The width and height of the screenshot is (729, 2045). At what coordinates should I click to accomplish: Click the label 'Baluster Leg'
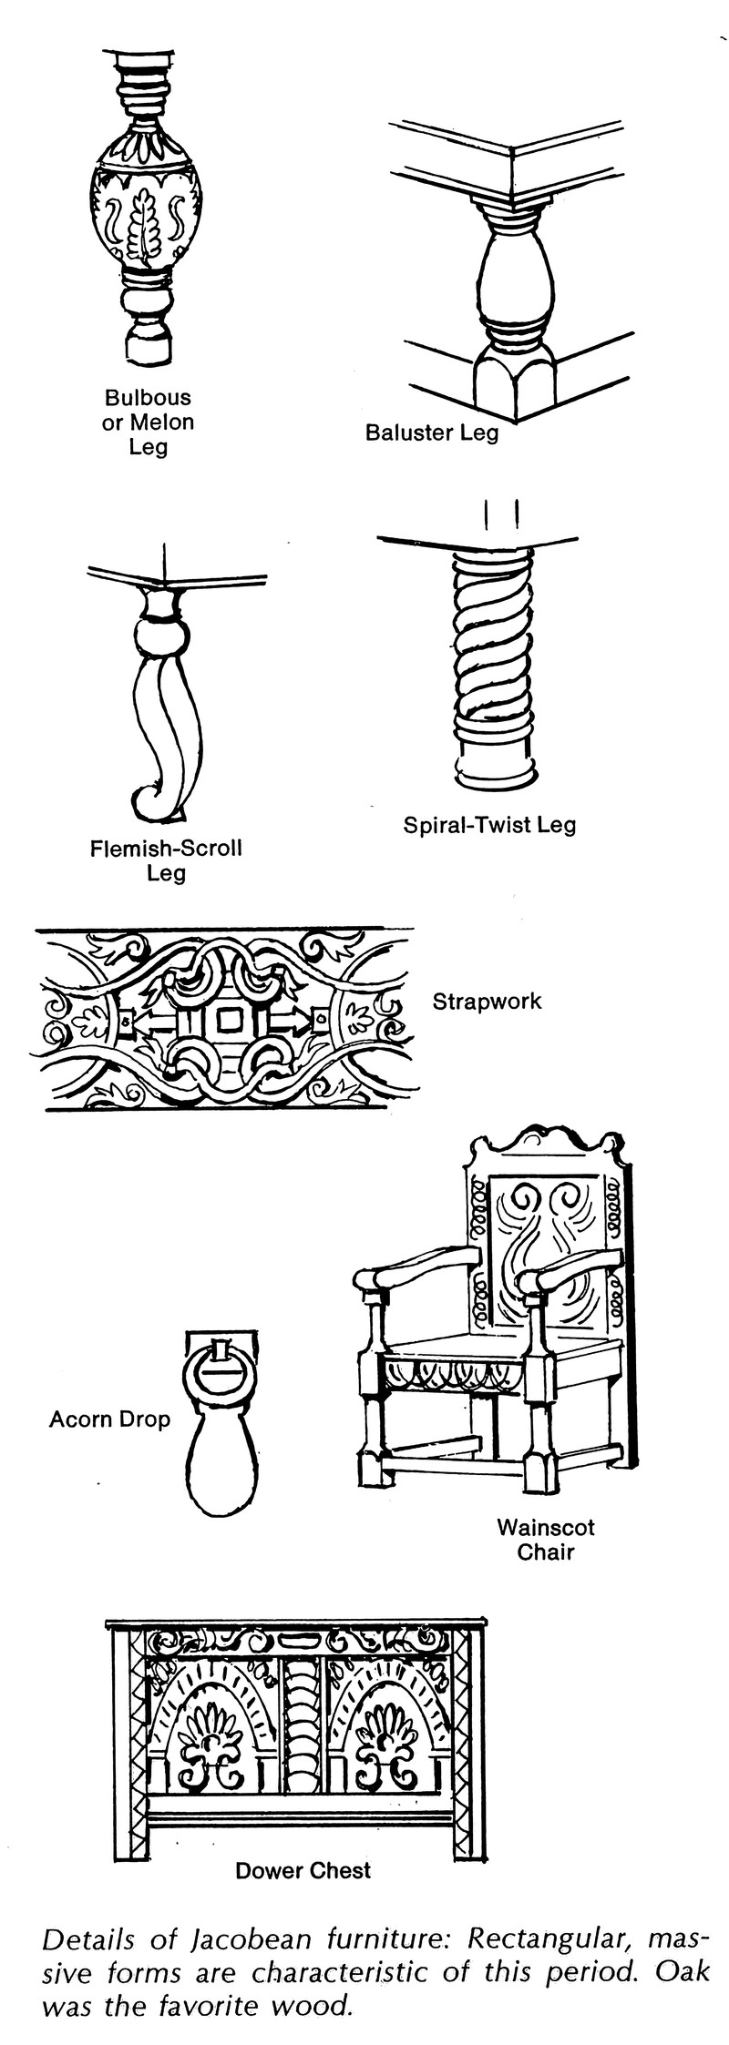[x=432, y=432]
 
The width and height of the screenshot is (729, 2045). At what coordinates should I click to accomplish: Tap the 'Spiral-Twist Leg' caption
[x=489, y=825]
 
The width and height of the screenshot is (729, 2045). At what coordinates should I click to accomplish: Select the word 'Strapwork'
[x=487, y=1002]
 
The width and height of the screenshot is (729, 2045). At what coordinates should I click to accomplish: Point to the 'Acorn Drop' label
[x=109, y=1419]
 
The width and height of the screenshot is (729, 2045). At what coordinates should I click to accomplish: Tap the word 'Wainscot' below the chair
[x=546, y=1526]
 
